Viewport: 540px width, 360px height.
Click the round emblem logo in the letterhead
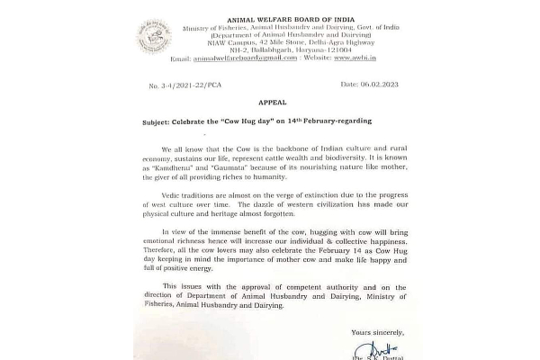[x=153, y=36]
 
